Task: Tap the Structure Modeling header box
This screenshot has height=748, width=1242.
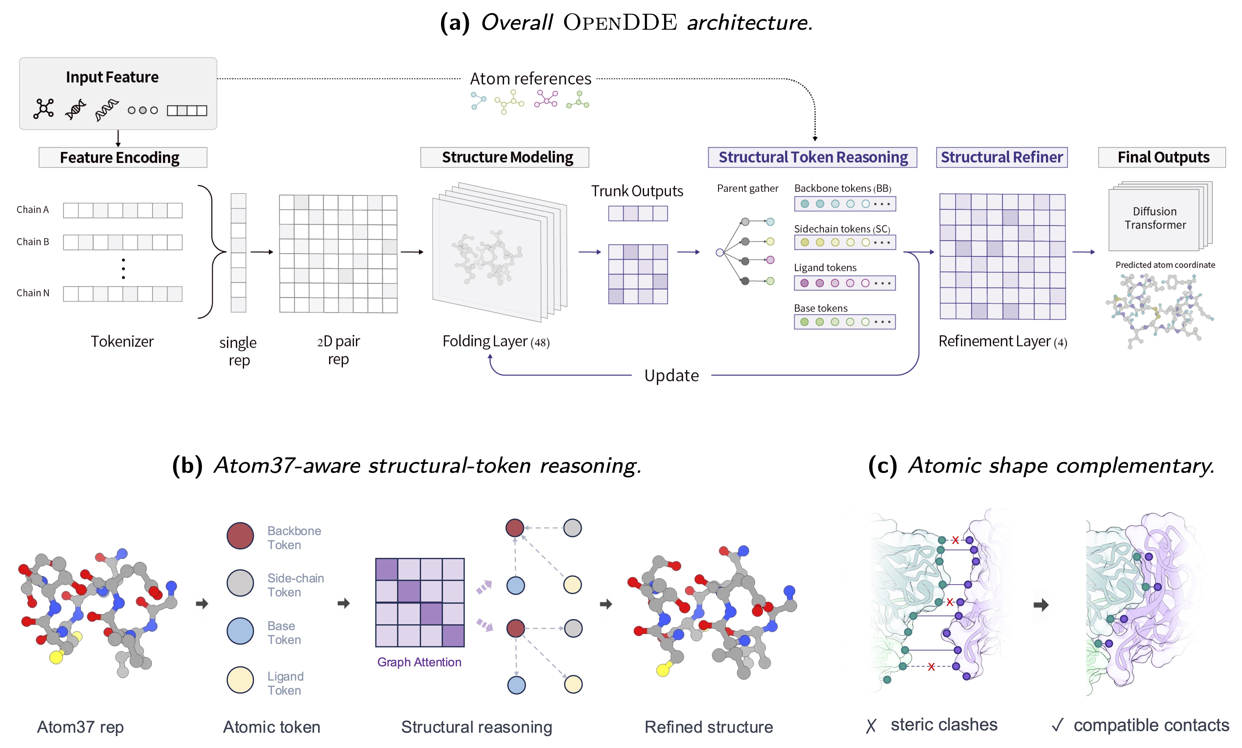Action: [x=505, y=157]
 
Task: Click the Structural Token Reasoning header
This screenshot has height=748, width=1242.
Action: [x=813, y=157]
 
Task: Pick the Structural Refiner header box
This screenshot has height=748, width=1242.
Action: [x=1002, y=157]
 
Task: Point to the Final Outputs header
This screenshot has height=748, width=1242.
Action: [x=1162, y=157]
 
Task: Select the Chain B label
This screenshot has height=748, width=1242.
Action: [x=33, y=242]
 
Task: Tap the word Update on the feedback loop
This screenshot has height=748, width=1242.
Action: [x=671, y=375]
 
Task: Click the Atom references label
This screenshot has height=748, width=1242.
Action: [x=530, y=79]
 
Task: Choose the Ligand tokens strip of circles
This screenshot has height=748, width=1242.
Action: [x=845, y=283]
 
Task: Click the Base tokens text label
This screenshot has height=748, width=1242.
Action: [x=821, y=308]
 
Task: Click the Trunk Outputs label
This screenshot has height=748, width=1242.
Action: [x=637, y=191]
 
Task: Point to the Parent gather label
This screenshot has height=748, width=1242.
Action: [x=747, y=188]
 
